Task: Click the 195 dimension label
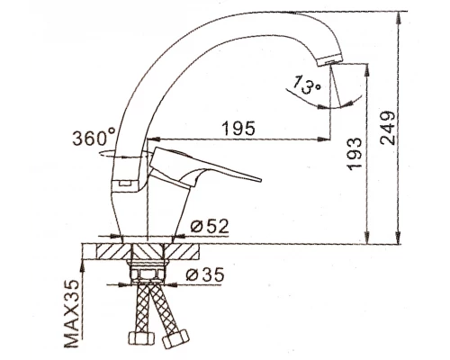click(x=238, y=128)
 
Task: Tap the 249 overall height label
click(x=387, y=128)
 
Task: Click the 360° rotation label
click(x=94, y=137)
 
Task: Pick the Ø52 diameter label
click(x=210, y=226)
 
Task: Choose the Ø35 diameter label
click(x=205, y=274)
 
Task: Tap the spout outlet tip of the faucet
click(x=329, y=61)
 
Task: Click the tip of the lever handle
click(x=260, y=180)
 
